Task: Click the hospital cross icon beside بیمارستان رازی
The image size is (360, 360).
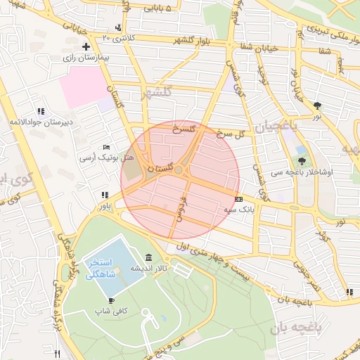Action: (x=86, y=47)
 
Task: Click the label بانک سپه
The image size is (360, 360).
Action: (x=239, y=210)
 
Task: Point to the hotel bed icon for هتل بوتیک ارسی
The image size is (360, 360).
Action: (x=106, y=146)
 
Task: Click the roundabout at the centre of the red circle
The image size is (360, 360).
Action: (x=179, y=170)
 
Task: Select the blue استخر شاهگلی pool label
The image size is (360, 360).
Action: (x=102, y=269)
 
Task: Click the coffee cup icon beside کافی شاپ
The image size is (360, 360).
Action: (x=111, y=300)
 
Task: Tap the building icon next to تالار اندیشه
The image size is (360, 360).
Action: (x=148, y=257)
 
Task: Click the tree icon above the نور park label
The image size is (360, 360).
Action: (x=318, y=105)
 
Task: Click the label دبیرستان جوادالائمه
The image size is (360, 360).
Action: (x=41, y=122)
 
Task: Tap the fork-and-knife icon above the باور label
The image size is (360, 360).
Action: (x=105, y=195)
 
